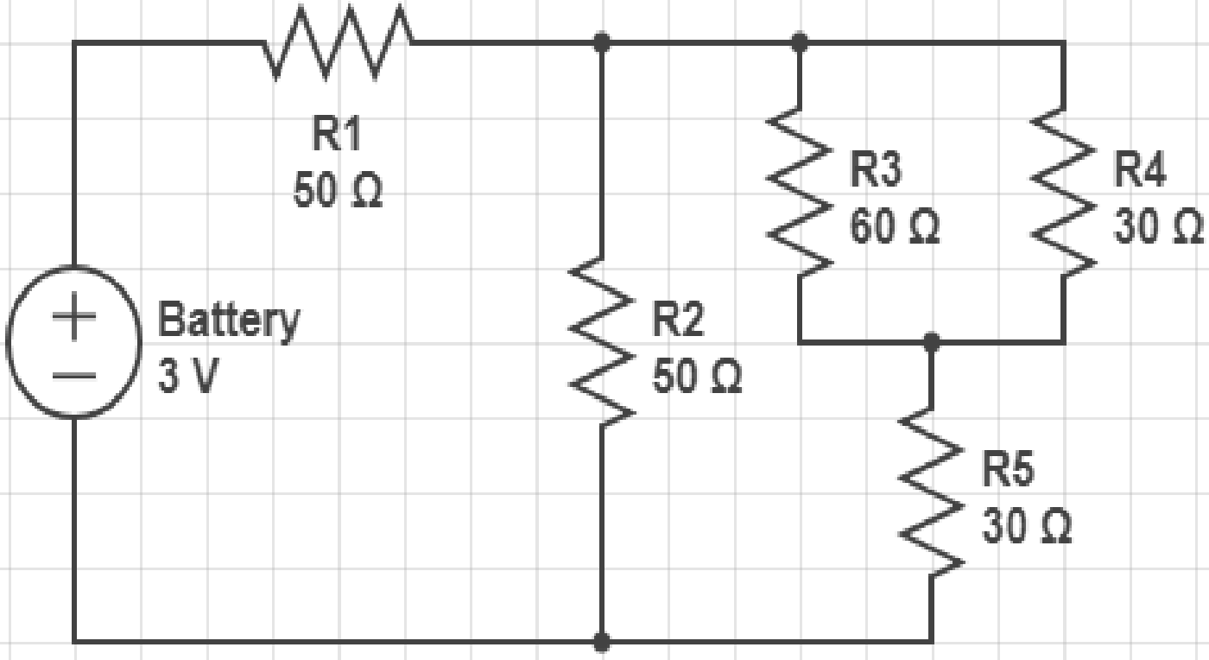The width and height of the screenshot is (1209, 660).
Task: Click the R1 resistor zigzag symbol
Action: (x=338, y=42)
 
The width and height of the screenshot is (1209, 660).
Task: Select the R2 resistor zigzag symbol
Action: (x=601, y=341)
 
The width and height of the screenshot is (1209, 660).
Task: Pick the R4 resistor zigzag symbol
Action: (x=1063, y=192)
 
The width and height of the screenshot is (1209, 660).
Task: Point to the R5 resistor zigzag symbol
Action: (x=931, y=492)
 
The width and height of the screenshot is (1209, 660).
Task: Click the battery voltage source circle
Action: (x=74, y=342)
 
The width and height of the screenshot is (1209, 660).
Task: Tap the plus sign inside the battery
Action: (x=74, y=316)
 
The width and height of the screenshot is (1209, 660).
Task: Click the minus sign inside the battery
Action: (x=74, y=375)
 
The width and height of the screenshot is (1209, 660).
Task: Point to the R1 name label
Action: (x=337, y=133)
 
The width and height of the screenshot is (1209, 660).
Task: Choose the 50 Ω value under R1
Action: (x=338, y=189)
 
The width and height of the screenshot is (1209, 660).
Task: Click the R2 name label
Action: (x=678, y=319)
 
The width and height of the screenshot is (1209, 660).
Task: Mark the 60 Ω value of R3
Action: (x=895, y=225)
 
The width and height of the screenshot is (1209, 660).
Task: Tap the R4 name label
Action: (x=1140, y=169)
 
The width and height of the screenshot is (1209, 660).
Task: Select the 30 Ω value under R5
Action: (x=1027, y=525)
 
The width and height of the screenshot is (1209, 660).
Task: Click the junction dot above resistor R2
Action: (x=601, y=42)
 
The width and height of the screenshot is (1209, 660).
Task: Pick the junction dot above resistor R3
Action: (x=800, y=42)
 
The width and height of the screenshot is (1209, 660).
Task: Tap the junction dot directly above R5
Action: (x=931, y=342)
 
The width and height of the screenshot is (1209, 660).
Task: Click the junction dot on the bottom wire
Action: (x=601, y=642)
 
